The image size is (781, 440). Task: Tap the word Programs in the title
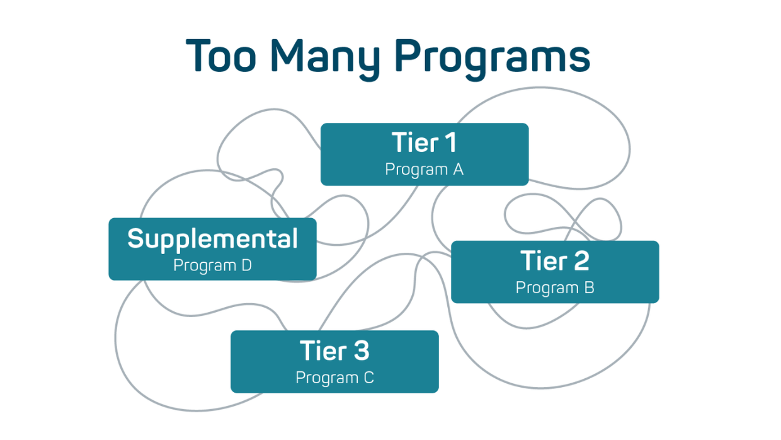click(x=492, y=57)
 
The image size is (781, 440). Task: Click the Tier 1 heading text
click(x=424, y=142)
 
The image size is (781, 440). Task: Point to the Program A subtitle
click(x=424, y=170)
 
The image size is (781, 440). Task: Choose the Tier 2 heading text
click(x=554, y=260)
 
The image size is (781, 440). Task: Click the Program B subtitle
click(x=554, y=287)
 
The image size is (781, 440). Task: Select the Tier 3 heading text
click(x=334, y=350)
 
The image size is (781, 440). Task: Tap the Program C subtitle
click(x=334, y=378)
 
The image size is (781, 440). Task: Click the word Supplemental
click(x=212, y=239)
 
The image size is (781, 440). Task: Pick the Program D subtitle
click(x=212, y=265)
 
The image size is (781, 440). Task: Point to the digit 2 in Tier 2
click(x=580, y=260)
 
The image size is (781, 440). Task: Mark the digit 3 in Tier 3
click(x=360, y=350)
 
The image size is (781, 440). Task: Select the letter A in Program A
click(x=458, y=169)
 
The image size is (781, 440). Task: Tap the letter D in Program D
click(x=246, y=265)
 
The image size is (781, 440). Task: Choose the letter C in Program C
click(x=368, y=378)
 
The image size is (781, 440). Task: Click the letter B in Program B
click(x=589, y=287)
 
